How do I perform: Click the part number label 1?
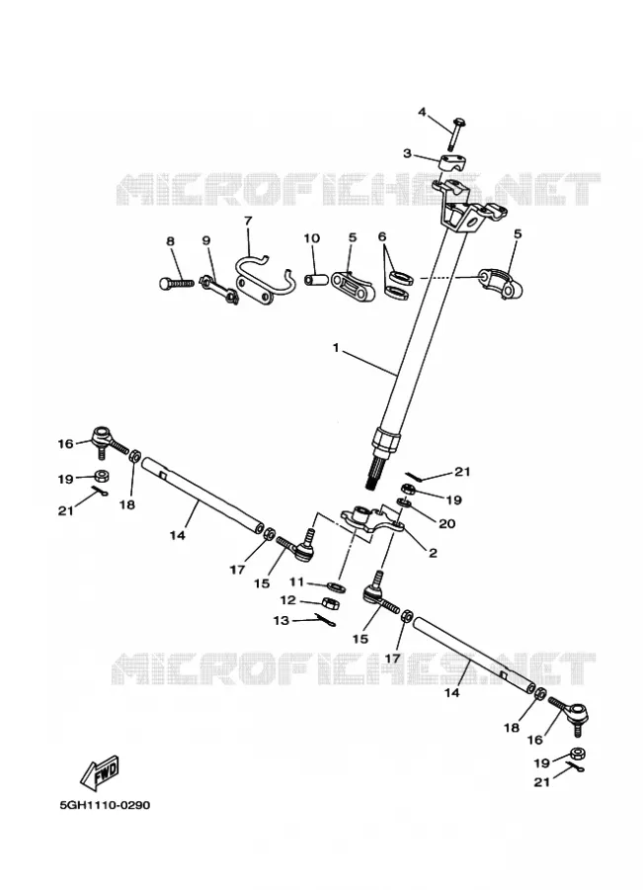pos(336,347)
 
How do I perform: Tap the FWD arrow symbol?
pos(99,772)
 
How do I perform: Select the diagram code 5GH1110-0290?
pos(105,805)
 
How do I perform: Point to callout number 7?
pos(248,221)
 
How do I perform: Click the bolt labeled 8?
pos(175,281)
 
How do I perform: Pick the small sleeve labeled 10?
pos(315,280)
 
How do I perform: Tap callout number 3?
pos(407,153)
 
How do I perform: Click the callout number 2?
pos(433,552)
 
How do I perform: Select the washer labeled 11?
pos(335,585)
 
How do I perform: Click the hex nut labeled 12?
pos(330,603)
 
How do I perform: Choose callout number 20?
pos(447,523)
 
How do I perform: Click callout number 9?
pos(205,240)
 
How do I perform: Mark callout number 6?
pos(381,236)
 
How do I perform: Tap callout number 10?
pos(312,238)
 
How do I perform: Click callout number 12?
pos(288,600)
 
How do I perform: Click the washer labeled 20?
pos(404,502)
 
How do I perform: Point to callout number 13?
pos(281,620)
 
